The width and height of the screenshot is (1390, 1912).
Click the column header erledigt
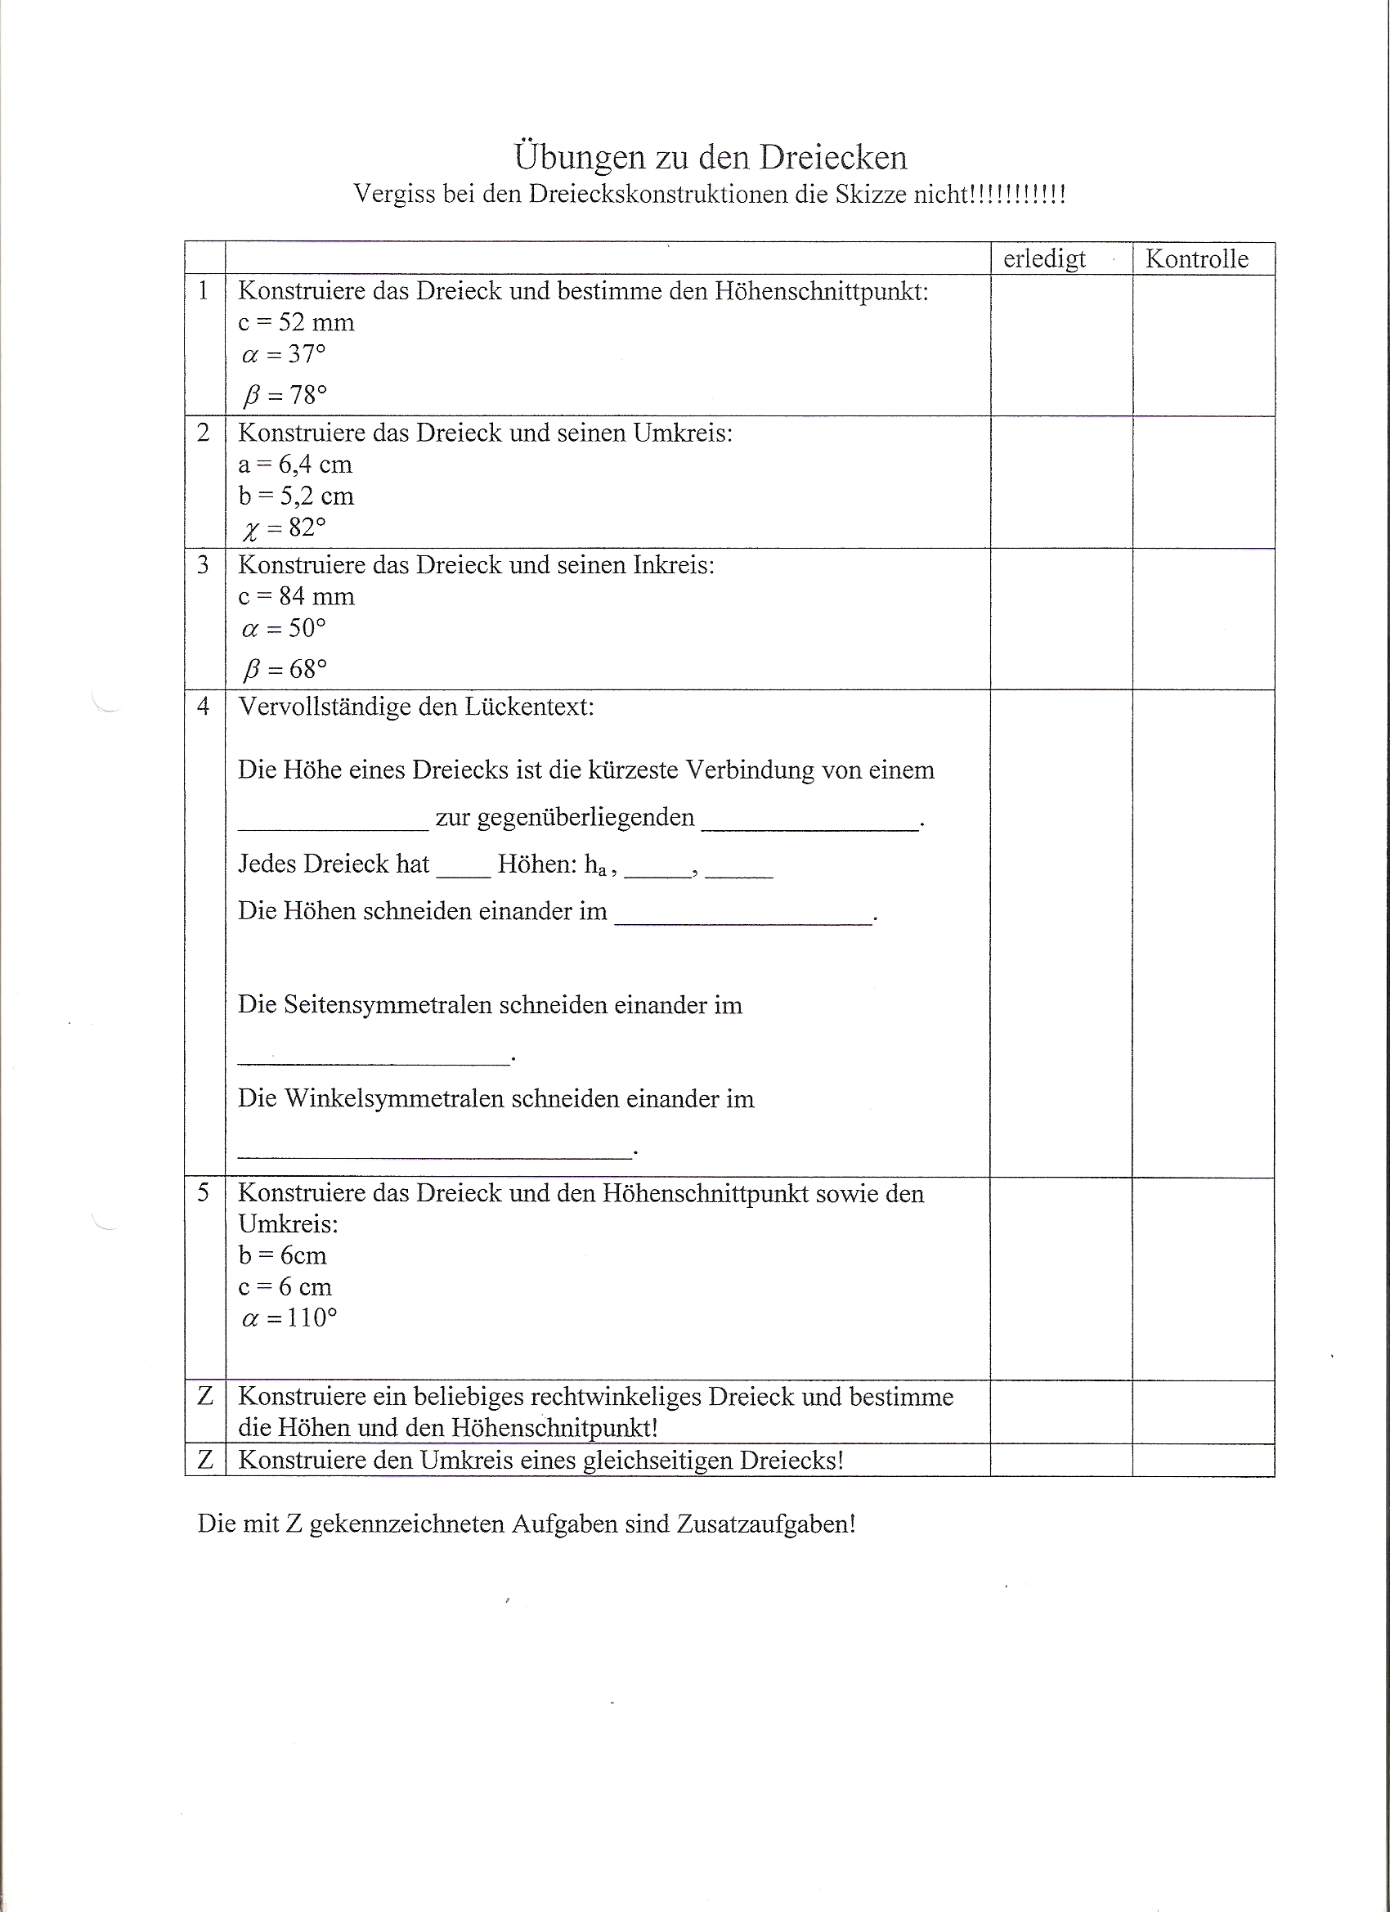(1044, 258)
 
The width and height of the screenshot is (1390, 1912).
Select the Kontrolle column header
(1196, 258)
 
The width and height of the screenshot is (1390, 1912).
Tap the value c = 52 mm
(296, 322)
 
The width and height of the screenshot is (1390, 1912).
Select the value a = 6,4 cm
(295, 465)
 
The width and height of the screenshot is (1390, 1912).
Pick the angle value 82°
(307, 527)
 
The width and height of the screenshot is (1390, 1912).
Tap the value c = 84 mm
(296, 597)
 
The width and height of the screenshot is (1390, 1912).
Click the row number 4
(203, 706)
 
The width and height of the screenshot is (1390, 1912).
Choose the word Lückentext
(518, 707)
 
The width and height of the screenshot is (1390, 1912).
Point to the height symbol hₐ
(596, 865)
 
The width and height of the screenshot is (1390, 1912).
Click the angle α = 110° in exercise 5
(289, 1318)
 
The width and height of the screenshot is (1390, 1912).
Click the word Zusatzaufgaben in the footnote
(764, 1524)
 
